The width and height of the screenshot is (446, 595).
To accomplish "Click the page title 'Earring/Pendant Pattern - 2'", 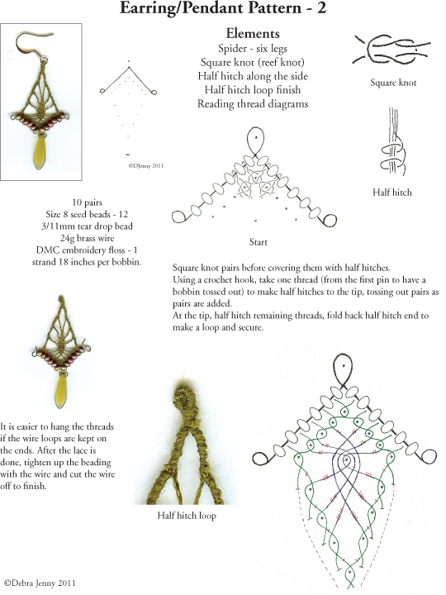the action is [223, 7].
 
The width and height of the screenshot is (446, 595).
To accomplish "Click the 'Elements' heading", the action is [253, 33].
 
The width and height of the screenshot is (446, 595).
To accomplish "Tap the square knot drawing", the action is [391, 50].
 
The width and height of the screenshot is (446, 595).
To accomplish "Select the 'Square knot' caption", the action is [393, 83].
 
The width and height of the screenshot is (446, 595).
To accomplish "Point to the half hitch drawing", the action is [393, 142].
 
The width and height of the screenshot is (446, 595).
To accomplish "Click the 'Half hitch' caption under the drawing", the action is [392, 192].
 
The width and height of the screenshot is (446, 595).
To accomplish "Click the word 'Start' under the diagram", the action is [259, 241].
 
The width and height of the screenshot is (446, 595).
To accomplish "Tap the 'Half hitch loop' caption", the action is [187, 516].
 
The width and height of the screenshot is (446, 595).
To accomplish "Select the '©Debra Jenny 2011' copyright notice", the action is [40, 583].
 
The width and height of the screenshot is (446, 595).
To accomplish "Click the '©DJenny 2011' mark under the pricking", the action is [145, 165].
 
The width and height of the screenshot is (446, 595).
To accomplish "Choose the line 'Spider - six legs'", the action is [253, 48].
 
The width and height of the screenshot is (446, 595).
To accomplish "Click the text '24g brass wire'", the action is [87, 238].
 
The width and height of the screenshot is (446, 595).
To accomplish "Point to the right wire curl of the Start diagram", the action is [329, 220].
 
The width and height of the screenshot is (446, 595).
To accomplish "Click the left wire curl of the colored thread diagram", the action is [261, 458].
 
